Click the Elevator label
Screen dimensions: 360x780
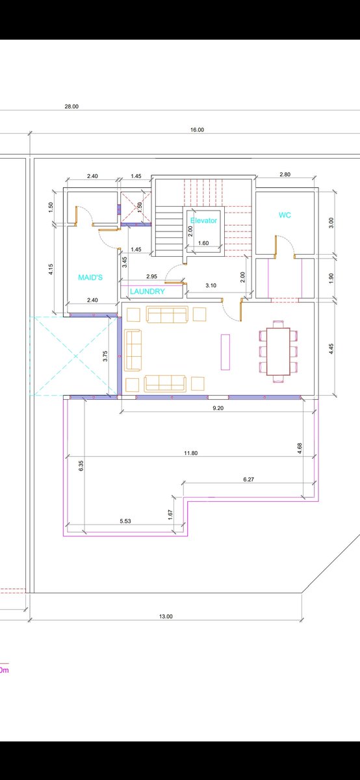[203, 220]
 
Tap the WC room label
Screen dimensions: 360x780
[285, 215]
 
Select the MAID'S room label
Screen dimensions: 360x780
[90, 278]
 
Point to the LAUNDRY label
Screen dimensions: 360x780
[148, 291]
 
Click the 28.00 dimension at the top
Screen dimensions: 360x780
[71, 107]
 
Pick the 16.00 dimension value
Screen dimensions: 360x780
[197, 130]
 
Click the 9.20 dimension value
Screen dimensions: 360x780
[218, 408]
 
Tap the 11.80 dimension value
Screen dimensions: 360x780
[191, 453]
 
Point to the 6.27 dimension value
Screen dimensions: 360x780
[249, 480]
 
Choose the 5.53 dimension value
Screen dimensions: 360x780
[125, 521]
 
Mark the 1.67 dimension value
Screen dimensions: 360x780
[170, 515]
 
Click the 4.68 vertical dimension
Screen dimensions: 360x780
[300, 448]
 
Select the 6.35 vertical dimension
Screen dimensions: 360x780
[81, 466]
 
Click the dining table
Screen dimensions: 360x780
[278, 352]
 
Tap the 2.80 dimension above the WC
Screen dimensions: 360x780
[285, 174]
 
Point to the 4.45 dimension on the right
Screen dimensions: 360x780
[331, 349]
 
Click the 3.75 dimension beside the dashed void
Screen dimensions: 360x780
[105, 356]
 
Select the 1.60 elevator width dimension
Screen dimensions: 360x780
[203, 243]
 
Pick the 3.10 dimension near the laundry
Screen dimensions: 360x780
[211, 285]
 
